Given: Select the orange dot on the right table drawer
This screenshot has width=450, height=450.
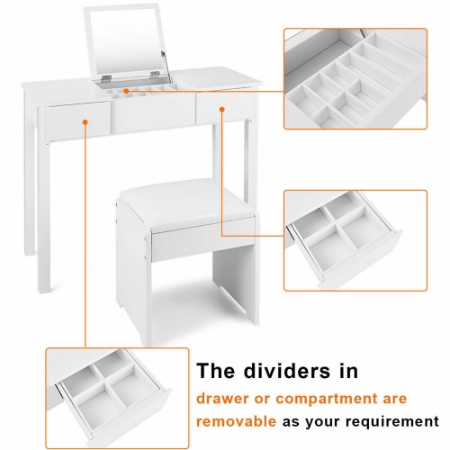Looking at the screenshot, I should (221, 110).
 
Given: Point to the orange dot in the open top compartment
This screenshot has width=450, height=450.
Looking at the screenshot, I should (128, 92).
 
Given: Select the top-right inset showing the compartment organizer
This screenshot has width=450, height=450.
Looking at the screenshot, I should (355, 78).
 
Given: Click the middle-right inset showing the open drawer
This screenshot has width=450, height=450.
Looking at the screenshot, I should (355, 239).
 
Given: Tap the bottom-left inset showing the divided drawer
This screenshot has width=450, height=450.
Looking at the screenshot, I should (112, 388).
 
